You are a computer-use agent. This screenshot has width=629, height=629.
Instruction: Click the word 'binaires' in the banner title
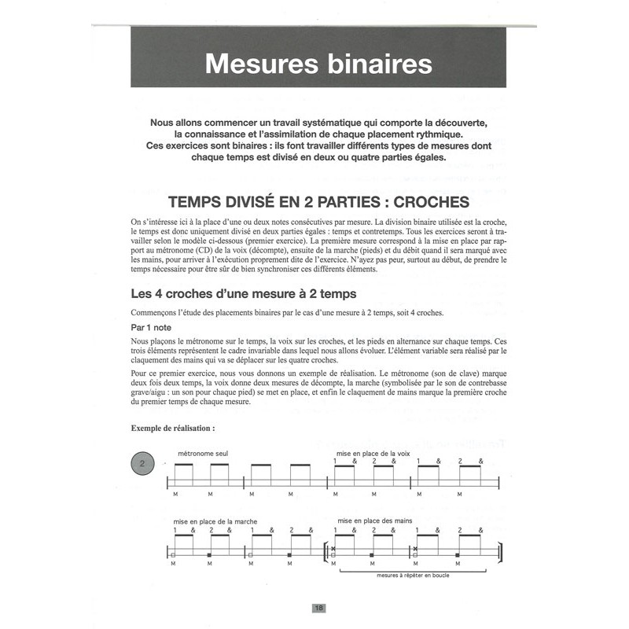coord(373,63)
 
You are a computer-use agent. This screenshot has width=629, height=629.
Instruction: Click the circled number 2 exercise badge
coord(142,464)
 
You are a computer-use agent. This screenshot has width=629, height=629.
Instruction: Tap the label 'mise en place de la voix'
coord(373,454)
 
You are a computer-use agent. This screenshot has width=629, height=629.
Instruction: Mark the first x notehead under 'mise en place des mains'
coord(333,549)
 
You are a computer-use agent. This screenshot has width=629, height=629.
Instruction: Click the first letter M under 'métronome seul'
coord(171,494)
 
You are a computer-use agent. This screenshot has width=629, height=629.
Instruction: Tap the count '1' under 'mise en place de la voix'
coord(337,461)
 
